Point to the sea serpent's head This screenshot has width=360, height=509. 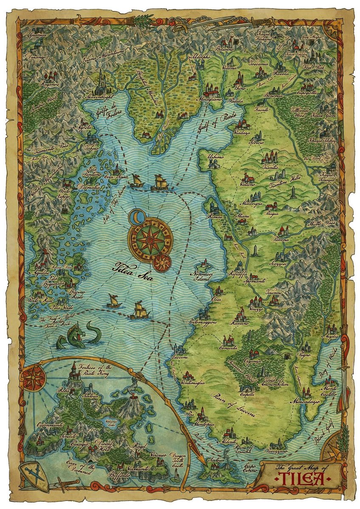tap(79, 331)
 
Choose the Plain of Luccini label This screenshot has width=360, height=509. tap(232, 405)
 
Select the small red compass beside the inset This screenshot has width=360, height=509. tap(32, 378)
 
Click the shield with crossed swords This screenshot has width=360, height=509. tap(34, 474)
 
